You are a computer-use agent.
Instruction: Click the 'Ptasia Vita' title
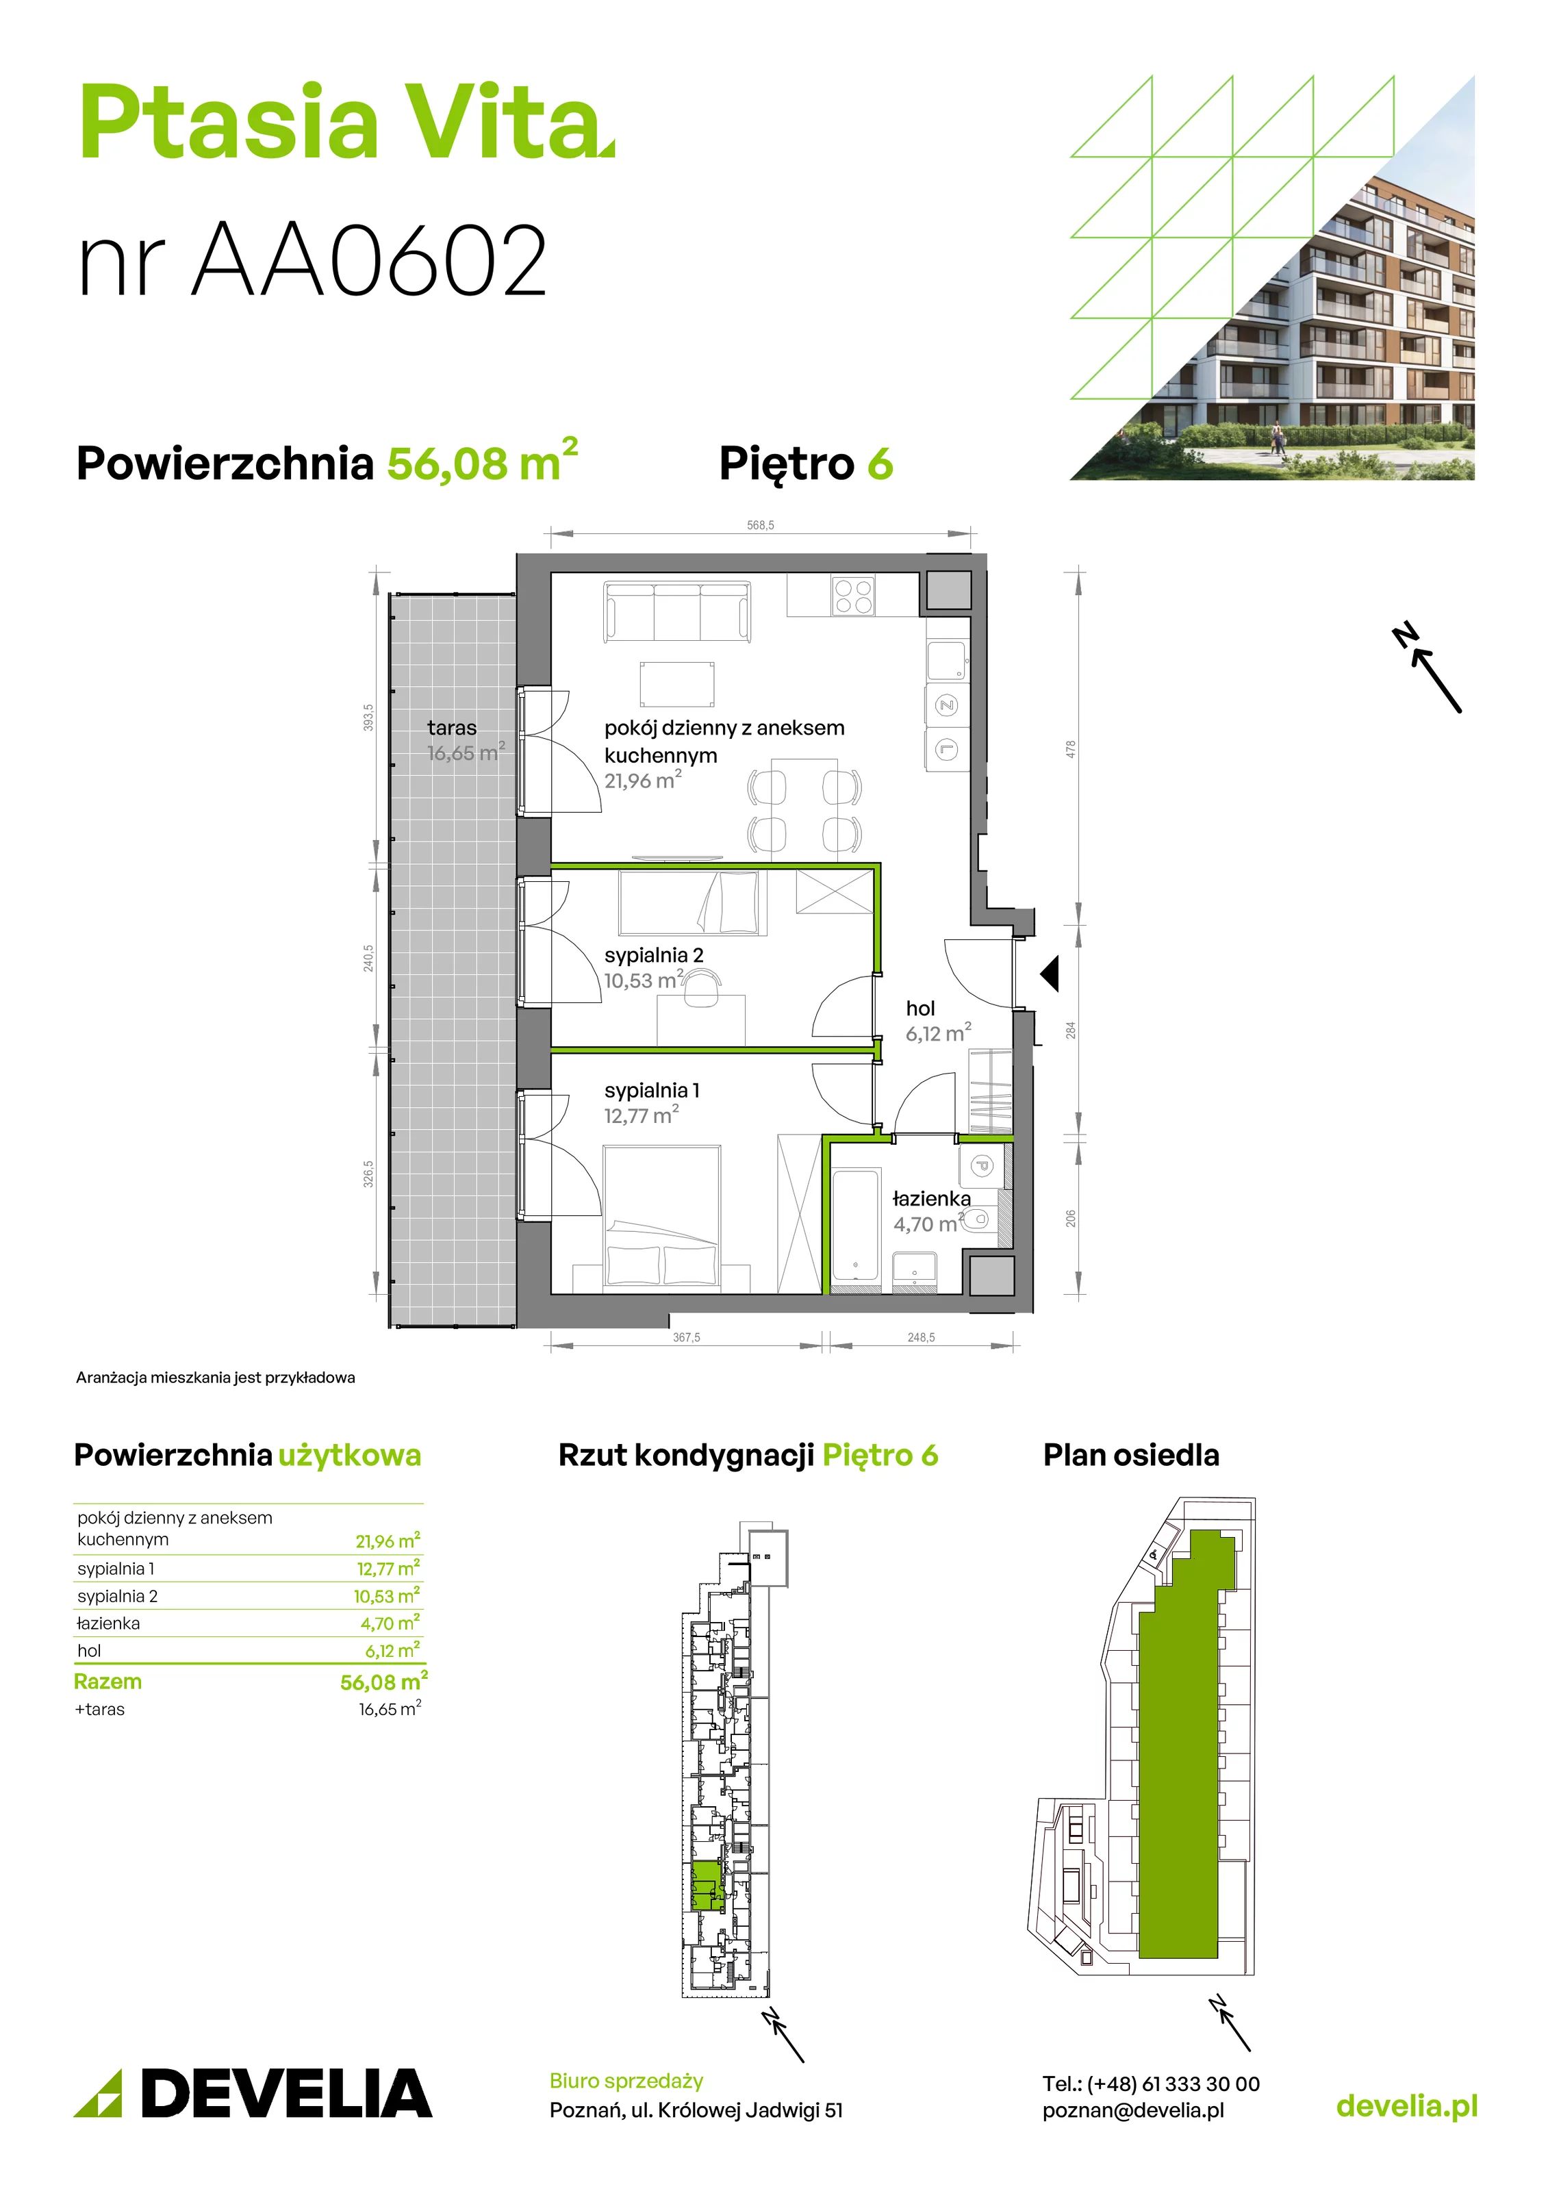pyautogui.click(x=346, y=123)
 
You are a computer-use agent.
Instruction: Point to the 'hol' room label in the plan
pyautogui.click(x=920, y=1008)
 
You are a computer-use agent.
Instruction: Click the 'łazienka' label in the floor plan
pyautogui.click(x=932, y=1199)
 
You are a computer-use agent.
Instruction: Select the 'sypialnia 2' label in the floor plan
pyautogui.click(x=654, y=955)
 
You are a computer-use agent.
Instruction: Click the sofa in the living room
pyautogui.click(x=676, y=611)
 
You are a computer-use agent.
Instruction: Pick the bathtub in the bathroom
pyautogui.click(x=854, y=1224)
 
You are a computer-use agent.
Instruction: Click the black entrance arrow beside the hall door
pyautogui.click(x=1050, y=974)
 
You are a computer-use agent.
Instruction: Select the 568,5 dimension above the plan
pyautogui.click(x=761, y=525)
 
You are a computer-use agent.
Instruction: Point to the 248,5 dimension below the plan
pyautogui.click(x=921, y=1337)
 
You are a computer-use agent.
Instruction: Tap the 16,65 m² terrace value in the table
pyautogui.click(x=390, y=1708)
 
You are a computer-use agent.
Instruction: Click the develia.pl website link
pyautogui.click(x=1407, y=2105)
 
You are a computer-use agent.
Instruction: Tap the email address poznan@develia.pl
pyautogui.click(x=1133, y=2110)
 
